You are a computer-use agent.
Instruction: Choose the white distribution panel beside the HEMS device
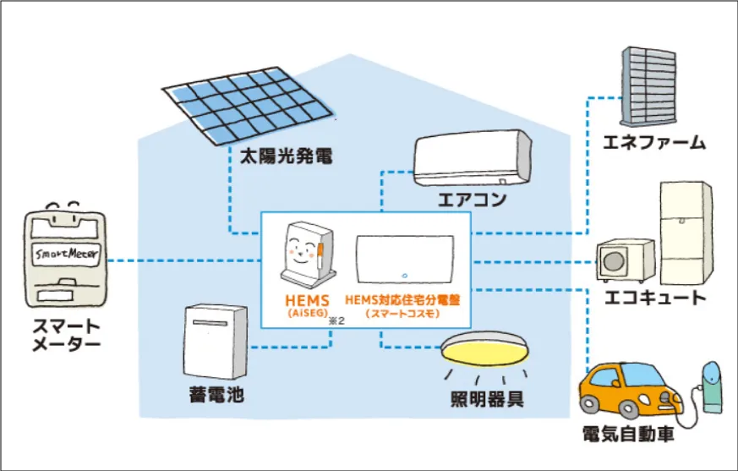coord(405,261)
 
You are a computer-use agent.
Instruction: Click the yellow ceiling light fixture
coord(480,349)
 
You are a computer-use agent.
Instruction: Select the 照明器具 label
coord(486,398)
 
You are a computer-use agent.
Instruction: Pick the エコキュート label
coord(655,298)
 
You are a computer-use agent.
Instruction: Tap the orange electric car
coord(631,390)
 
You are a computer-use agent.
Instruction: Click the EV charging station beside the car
coord(710,384)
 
